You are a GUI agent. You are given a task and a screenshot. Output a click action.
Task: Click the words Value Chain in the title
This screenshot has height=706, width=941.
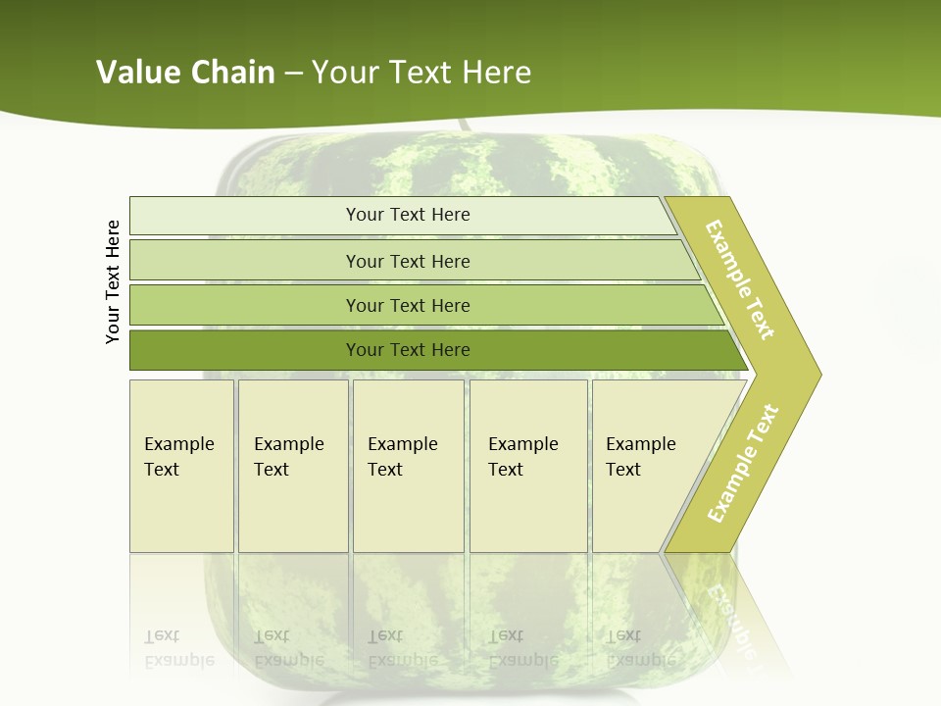pos(185,73)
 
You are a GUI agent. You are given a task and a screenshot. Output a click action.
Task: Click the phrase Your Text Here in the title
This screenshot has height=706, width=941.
pos(421,73)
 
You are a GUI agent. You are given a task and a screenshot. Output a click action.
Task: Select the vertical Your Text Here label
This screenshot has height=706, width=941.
pos(114,281)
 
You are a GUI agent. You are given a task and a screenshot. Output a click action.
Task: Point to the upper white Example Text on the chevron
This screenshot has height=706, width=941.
pos(740,280)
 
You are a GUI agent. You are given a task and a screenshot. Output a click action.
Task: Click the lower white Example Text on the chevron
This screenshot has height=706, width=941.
pos(743,463)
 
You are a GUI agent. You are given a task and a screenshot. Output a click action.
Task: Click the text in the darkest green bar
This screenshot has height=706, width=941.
pos(408,350)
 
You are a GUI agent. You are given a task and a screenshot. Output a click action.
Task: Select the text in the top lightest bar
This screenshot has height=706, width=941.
pos(408,215)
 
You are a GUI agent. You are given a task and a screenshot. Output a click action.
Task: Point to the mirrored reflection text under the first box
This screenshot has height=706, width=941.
pos(179,648)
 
